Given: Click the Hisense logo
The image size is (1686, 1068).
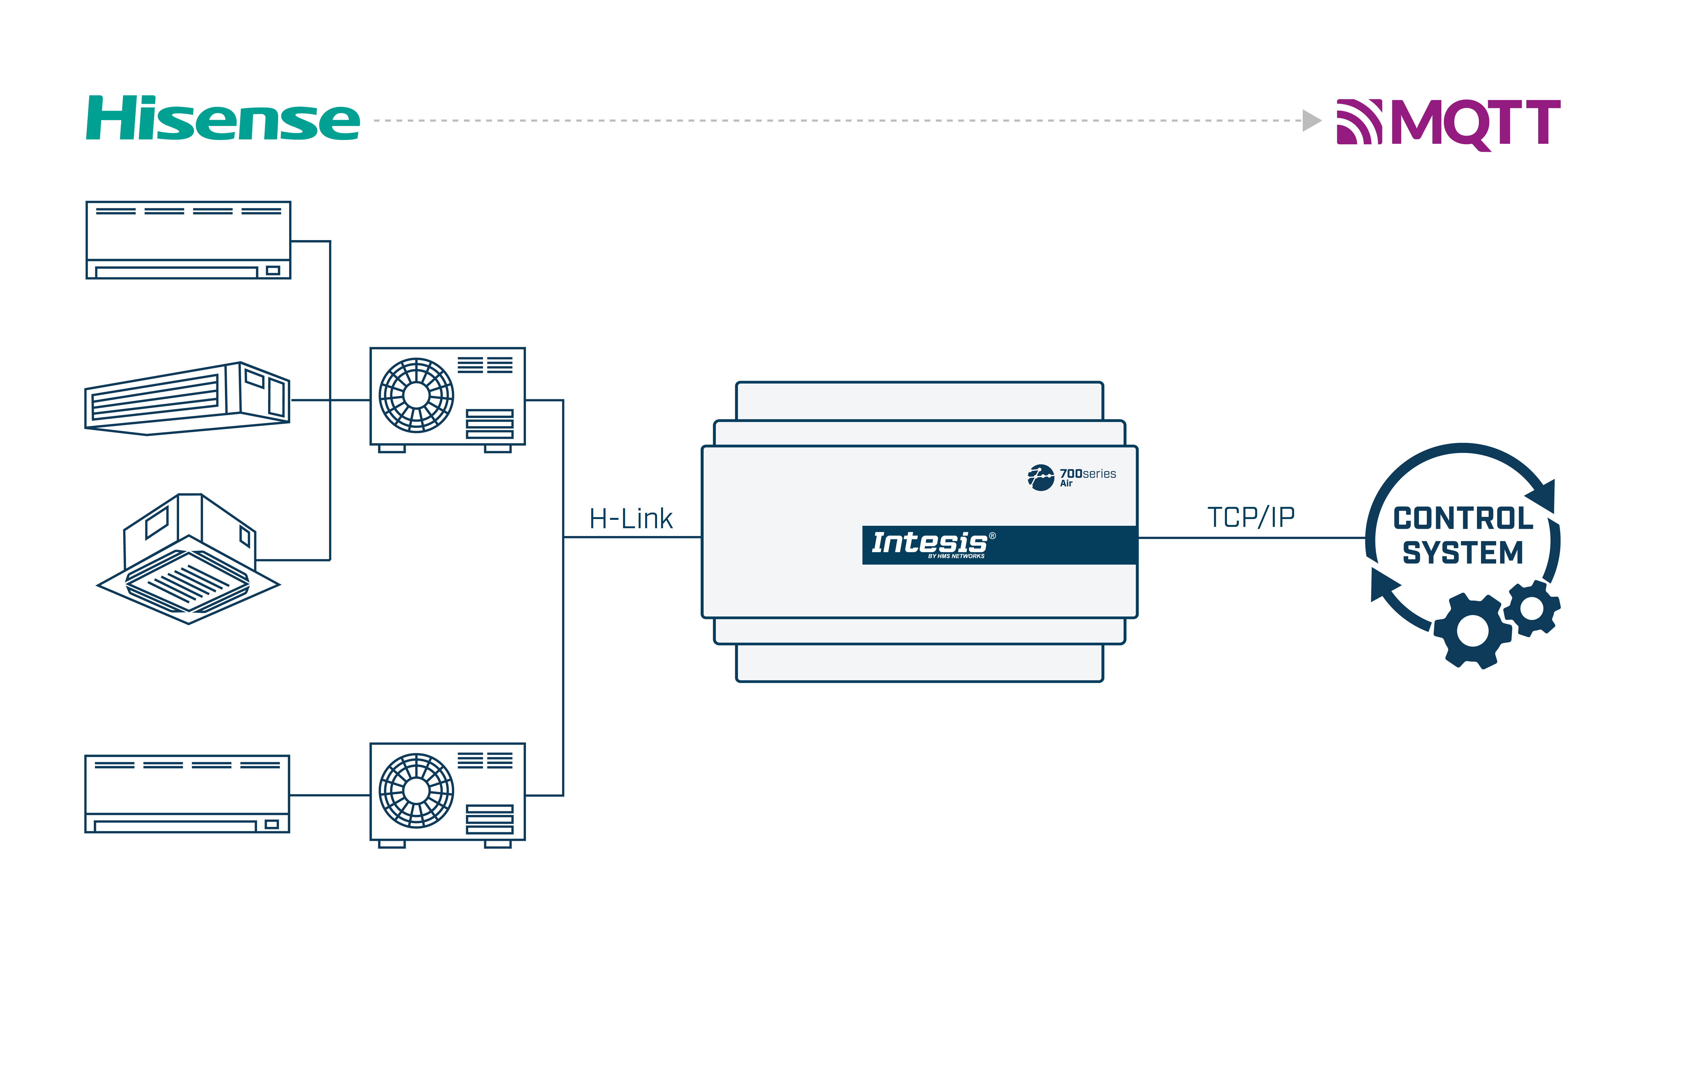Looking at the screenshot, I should tap(223, 119).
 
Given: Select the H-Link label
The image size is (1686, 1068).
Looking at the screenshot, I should tap(630, 519).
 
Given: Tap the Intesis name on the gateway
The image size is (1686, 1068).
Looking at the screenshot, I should tap(929, 543).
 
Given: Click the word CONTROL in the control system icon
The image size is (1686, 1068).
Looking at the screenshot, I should tap(1463, 519).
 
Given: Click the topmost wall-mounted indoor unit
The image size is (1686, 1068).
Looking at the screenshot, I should tap(188, 240).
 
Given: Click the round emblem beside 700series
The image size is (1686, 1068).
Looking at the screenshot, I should tap(1041, 478).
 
